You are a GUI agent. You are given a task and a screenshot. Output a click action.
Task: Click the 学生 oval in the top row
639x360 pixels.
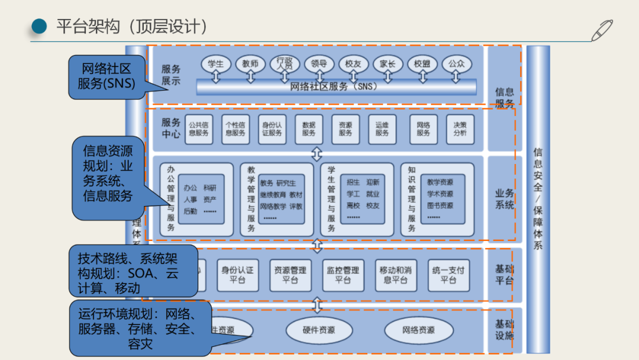coord(216,63)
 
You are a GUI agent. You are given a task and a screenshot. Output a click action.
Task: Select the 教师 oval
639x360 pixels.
coord(250,63)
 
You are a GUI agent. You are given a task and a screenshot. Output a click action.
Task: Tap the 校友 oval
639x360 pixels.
coord(354,63)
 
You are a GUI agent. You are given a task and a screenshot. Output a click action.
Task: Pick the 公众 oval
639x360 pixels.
coord(456,63)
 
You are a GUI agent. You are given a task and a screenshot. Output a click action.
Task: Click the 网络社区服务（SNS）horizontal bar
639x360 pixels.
coord(336,87)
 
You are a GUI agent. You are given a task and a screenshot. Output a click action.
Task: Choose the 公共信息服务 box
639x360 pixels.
coord(199,129)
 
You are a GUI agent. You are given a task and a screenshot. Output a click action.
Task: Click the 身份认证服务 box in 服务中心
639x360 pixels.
coord(272,129)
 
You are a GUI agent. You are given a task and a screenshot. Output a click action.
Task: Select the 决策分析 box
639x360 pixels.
coord(460,129)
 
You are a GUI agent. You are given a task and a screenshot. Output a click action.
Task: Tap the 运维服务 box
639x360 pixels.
coord(382,129)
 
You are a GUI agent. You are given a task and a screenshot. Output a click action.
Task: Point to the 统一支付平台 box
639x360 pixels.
coord(448,275)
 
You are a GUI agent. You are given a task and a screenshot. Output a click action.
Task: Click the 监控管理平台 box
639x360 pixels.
coord(343,275)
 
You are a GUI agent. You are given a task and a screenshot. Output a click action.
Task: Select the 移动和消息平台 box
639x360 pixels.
coord(396,275)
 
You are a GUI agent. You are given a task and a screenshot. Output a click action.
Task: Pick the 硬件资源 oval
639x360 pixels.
coord(319,330)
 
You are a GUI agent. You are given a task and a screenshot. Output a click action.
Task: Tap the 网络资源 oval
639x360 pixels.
coord(418,330)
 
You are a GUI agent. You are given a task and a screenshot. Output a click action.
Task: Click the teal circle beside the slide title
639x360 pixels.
coord(39,27)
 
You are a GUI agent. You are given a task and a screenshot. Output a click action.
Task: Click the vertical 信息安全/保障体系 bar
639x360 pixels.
coord(538,198)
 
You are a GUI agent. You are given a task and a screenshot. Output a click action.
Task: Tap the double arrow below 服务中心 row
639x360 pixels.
coord(317,154)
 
